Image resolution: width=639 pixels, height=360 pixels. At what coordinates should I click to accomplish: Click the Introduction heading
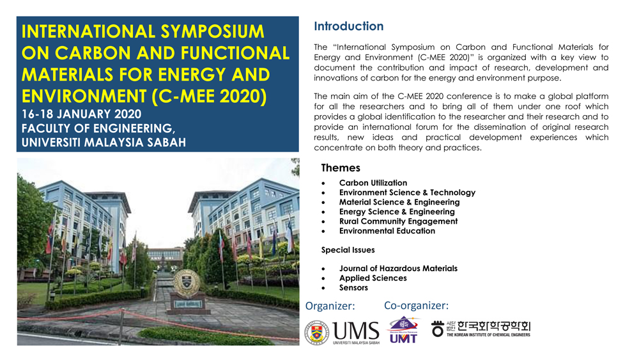[348, 26]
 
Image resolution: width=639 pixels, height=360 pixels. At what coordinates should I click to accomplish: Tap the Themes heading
[341, 168]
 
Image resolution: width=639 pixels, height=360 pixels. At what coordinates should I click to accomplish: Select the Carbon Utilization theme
[373, 183]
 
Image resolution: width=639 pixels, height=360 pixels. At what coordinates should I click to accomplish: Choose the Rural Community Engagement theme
[398, 221]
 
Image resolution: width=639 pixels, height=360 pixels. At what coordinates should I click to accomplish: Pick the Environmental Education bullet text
[387, 231]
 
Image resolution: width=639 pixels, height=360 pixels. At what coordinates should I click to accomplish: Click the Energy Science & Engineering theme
[397, 212]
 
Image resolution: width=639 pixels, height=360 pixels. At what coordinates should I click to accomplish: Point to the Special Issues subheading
[348, 250]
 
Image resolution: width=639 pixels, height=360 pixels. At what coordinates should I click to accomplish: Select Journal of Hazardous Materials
[398, 269]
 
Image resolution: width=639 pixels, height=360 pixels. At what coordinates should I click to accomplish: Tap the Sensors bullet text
[353, 288]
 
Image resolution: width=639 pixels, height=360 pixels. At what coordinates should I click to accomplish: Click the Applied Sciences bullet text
[373, 278]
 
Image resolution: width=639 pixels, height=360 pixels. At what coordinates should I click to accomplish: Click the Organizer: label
[330, 306]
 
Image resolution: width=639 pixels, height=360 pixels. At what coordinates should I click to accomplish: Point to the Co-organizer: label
[416, 306]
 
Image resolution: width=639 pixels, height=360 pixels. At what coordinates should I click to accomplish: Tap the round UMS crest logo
[317, 333]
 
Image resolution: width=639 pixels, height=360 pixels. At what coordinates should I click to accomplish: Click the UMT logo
[403, 330]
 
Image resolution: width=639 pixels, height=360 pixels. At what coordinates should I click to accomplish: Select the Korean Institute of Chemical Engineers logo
[481, 329]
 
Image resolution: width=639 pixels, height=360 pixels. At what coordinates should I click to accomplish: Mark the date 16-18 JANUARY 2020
[82, 114]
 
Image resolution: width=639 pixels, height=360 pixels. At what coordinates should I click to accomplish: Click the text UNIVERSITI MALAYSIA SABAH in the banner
[104, 143]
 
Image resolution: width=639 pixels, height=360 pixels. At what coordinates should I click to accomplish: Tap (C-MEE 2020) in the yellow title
[210, 96]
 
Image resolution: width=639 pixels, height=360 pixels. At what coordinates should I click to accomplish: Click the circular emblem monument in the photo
[187, 283]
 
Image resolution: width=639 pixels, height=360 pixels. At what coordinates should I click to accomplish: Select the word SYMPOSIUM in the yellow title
[212, 32]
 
